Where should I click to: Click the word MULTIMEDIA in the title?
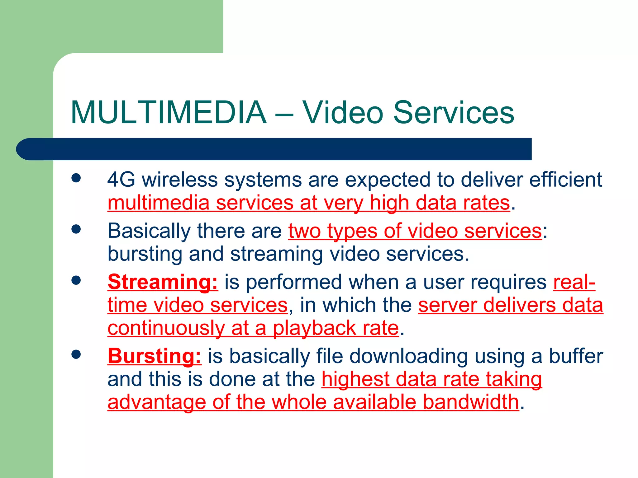[x=169, y=113]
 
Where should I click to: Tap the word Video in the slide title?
[x=342, y=113]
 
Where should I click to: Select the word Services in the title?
[x=454, y=113]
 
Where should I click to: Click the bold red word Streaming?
[x=163, y=282]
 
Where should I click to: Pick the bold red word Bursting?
[x=155, y=356]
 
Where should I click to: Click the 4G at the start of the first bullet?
[x=121, y=180]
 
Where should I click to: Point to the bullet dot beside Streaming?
[x=76, y=280]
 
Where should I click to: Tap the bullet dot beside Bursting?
[x=76, y=354]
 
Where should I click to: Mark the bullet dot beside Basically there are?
[x=76, y=229]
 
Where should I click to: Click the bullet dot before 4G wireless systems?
[x=76, y=178]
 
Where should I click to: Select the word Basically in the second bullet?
[x=149, y=231]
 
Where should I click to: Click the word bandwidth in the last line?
[x=471, y=402]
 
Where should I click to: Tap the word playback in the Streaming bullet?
[x=314, y=328]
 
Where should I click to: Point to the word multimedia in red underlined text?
[x=158, y=203]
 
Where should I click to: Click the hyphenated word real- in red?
[x=574, y=282]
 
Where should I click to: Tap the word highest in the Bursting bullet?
[x=355, y=379]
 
